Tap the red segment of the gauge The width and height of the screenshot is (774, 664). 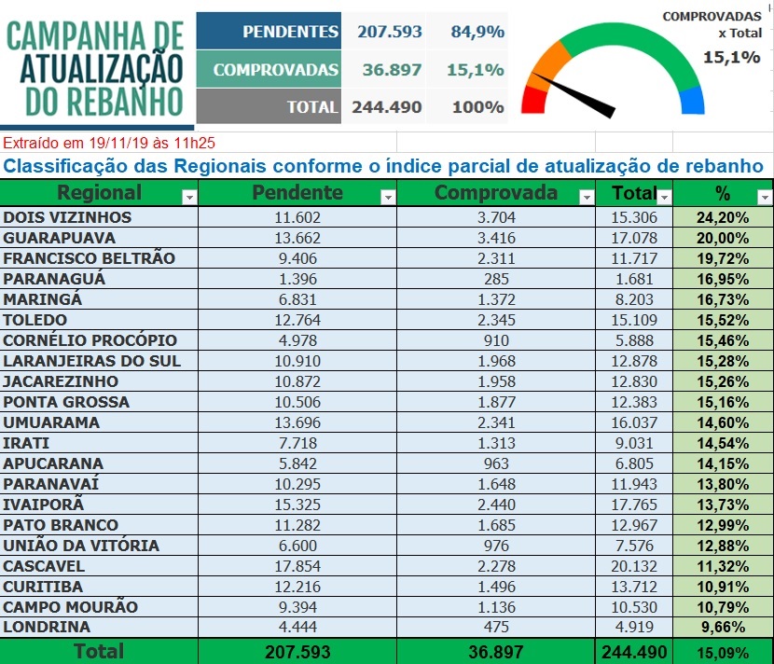pyautogui.click(x=533, y=100)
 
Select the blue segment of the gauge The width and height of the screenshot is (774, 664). pyautogui.click(x=692, y=101)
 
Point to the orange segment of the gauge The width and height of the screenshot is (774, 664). pyautogui.click(x=549, y=66)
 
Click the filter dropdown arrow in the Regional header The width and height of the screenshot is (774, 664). pyautogui.click(x=189, y=198)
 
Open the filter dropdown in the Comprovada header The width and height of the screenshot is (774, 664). pyautogui.click(x=587, y=198)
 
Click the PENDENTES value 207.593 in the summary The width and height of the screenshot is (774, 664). pyautogui.click(x=390, y=32)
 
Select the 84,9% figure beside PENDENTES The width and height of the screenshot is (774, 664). pyautogui.click(x=477, y=32)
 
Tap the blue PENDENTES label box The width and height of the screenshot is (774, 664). pyautogui.click(x=269, y=31)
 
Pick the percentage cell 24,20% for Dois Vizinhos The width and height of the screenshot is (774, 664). pyautogui.click(x=723, y=217)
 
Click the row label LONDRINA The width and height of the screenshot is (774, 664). pyautogui.click(x=47, y=627)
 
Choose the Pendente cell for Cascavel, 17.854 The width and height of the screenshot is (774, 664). pyautogui.click(x=297, y=566)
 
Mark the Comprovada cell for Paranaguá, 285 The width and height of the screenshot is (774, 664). pyautogui.click(x=496, y=279)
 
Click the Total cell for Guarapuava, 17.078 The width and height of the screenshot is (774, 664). pyautogui.click(x=634, y=238)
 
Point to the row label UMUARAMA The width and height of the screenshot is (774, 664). pyautogui.click(x=51, y=422)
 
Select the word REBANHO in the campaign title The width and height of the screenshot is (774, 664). pyautogui.click(x=125, y=102)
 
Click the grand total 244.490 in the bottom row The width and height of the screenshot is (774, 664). pyautogui.click(x=634, y=652)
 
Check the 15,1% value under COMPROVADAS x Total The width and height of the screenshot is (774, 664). pyautogui.click(x=731, y=57)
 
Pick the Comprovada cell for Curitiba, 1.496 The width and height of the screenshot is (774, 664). pyautogui.click(x=496, y=587)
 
